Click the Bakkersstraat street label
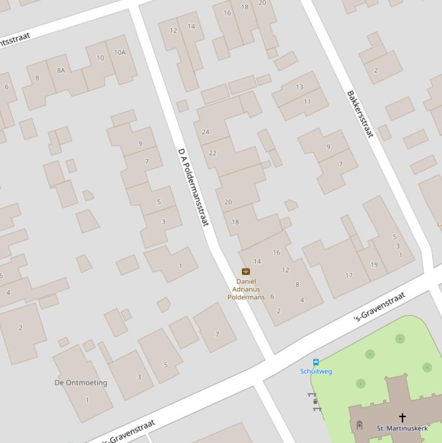tap(360, 113)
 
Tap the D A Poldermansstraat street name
tap(193, 186)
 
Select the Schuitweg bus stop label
tap(316, 371)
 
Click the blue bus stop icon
tap(316, 362)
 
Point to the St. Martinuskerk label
tap(402, 428)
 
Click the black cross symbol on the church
tap(402, 417)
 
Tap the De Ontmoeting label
tap(81, 383)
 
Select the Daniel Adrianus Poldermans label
tap(246, 289)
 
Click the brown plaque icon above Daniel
tap(246, 272)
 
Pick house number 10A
tap(120, 52)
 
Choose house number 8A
tap(61, 70)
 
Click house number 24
tap(206, 132)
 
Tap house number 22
tap(213, 153)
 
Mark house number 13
tap(299, 87)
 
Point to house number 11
tap(308, 102)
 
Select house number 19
tap(374, 265)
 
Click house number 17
tap(349, 276)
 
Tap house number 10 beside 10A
tap(101, 58)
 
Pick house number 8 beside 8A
tap(37, 78)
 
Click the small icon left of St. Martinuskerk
tap(359, 425)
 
